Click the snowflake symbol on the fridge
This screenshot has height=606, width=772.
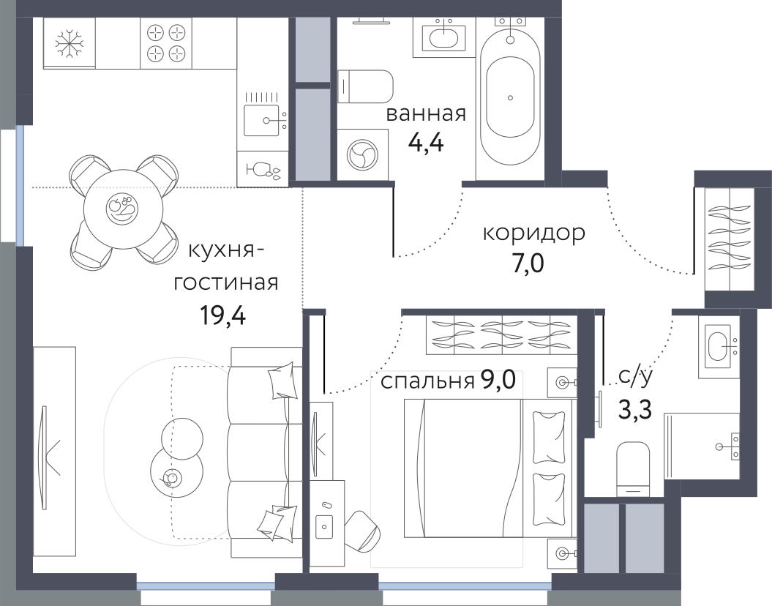(69, 43)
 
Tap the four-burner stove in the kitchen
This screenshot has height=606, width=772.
(166, 43)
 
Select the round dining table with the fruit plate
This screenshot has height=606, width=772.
(123, 209)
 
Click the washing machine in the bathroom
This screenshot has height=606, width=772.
(362, 153)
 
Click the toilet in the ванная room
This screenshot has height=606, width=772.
(365, 86)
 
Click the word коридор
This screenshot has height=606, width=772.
(534, 233)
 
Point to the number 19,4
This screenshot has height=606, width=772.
(222, 315)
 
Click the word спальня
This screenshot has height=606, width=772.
(427, 381)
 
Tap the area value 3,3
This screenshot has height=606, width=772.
(634, 408)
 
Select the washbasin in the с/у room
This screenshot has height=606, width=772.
(719, 346)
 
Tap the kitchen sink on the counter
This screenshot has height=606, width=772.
(261, 120)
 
